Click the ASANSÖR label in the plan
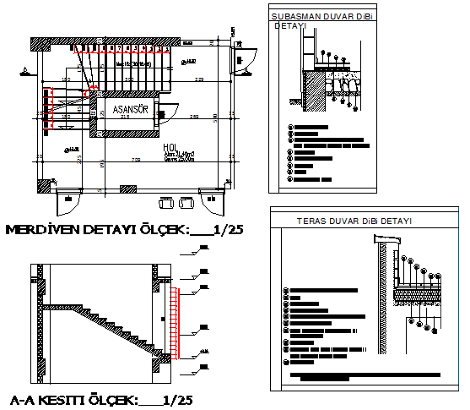(x=127, y=110)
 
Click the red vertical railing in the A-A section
(x=175, y=321)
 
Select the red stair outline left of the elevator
(x=52, y=108)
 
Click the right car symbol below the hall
(x=185, y=203)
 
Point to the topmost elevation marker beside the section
(x=203, y=249)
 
